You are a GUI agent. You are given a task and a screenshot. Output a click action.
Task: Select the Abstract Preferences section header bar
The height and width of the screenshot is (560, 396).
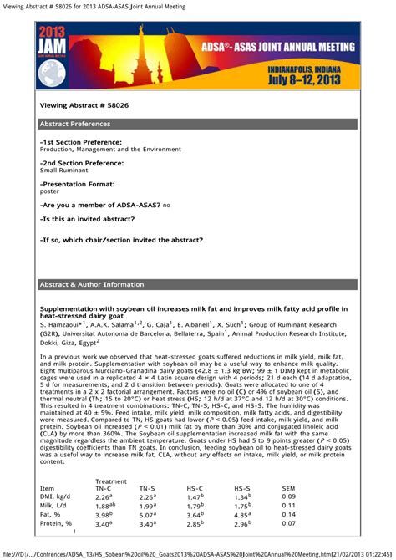click(x=198, y=124)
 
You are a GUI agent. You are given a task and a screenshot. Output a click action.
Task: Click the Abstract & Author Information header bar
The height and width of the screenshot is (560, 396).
click(x=198, y=284)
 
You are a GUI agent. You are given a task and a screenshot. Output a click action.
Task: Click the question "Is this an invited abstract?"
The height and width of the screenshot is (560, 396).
click(x=88, y=219)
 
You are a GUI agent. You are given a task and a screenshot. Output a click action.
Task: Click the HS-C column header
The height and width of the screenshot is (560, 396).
click(x=196, y=487)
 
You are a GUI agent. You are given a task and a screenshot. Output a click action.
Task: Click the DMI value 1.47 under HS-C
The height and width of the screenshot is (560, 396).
click(x=194, y=496)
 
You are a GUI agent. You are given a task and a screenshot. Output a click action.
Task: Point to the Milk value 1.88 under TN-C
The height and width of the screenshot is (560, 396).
click(x=104, y=506)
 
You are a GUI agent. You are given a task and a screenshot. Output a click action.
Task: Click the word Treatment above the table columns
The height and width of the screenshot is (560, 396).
click(x=111, y=481)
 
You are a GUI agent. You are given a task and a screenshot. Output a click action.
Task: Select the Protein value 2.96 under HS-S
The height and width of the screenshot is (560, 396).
click(x=241, y=524)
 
